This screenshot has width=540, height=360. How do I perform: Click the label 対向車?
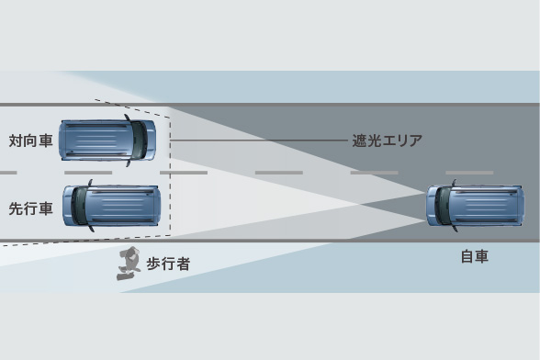(x=30, y=141)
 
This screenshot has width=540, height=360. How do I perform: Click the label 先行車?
(x=30, y=208)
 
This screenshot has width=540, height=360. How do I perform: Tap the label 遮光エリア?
(x=388, y=141)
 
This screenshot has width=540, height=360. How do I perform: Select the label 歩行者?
(x=168, y=264)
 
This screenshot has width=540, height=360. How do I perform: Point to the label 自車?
(x=474, y=257)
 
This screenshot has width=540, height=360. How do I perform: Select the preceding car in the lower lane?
(x=110, y=206)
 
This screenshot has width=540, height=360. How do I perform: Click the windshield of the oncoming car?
(x=139, y=140)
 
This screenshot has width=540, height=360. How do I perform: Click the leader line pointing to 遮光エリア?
(x=257, y=141)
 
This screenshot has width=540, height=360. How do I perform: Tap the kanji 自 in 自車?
(x=467, y=257)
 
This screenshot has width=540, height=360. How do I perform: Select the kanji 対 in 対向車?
(x=16, y=141)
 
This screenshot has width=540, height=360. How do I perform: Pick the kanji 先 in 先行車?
(x=16, y=208)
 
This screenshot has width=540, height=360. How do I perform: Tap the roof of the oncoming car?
(x=96, y=140)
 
